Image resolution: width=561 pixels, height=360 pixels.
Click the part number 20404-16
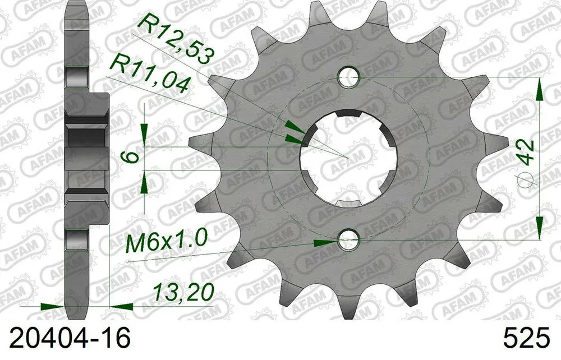tap(66, 339)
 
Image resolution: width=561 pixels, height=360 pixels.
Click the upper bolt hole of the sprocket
tap(350, 77)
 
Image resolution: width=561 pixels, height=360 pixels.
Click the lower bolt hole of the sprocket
tap(348, 241)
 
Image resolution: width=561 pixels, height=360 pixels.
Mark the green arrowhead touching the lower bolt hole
tap(325, 242)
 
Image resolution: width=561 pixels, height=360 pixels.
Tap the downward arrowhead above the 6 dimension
tap(145, 135)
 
